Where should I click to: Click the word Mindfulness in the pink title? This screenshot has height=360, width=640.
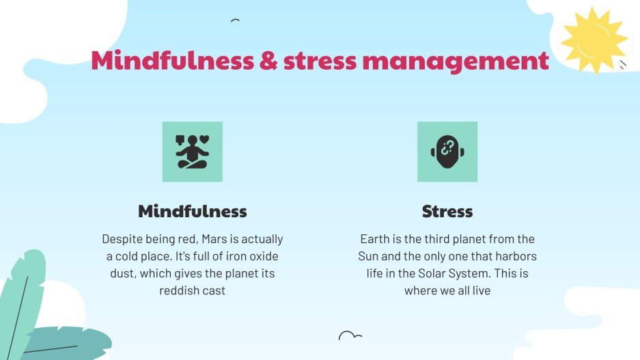tap(172, 61)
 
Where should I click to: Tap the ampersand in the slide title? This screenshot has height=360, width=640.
tap(268, 61)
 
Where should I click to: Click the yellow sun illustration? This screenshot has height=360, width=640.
tap(592, 40)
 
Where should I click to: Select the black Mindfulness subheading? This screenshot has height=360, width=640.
tap(192, 211)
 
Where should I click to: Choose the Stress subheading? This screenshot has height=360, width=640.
tap(447, 211)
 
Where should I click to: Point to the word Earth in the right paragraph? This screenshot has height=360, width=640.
tap(376, 240)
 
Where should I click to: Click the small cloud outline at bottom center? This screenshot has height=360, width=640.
tap(350, 335)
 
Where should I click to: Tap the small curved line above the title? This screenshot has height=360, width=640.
tap(235, 20)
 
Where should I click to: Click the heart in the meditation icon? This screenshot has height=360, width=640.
tap(204, 140)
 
